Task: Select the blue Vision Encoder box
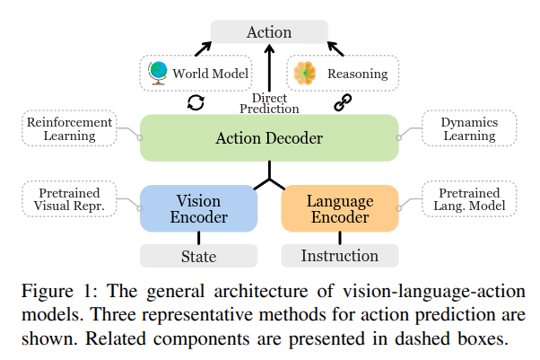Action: (198, 208)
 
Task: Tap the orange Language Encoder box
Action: (340, 208)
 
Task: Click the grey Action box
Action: (269, 32)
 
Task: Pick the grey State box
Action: (198, 256)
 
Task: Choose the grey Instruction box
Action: (340, 256)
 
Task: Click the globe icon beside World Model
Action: (158, 72)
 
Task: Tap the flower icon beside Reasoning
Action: (306, 72)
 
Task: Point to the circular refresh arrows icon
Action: (196, 102)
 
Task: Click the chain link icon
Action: (342, 103)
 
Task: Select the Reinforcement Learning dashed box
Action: (68, 128)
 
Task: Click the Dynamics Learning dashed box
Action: (468, 128)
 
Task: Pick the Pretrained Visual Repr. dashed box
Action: (68, 198)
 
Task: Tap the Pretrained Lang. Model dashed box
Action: (469, 198)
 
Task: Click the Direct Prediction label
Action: (269, 102)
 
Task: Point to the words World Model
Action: (210, 73)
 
